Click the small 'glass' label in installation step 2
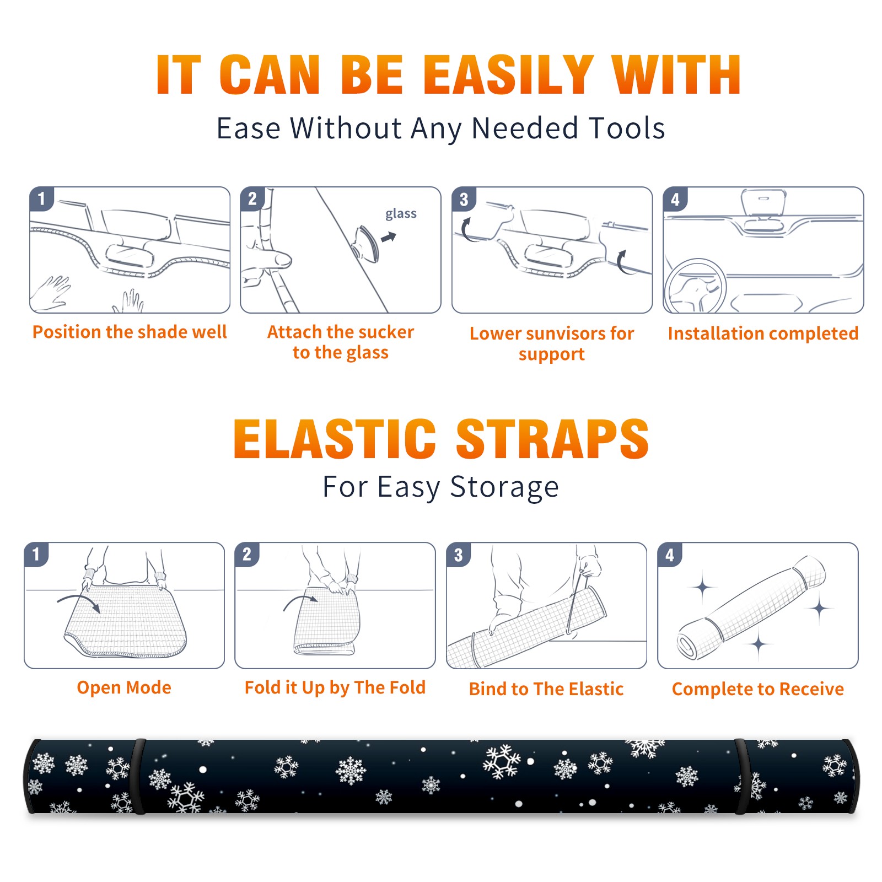401,214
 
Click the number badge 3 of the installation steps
464,199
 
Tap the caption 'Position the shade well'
130,332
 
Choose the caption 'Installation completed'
763,333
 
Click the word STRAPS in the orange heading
552,439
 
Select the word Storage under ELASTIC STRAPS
504,487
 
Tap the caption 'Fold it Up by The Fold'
335,687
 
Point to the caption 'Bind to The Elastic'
546,689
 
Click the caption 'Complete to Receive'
758,689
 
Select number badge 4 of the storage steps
670,555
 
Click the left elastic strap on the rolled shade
138,777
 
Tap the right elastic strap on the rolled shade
740,777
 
